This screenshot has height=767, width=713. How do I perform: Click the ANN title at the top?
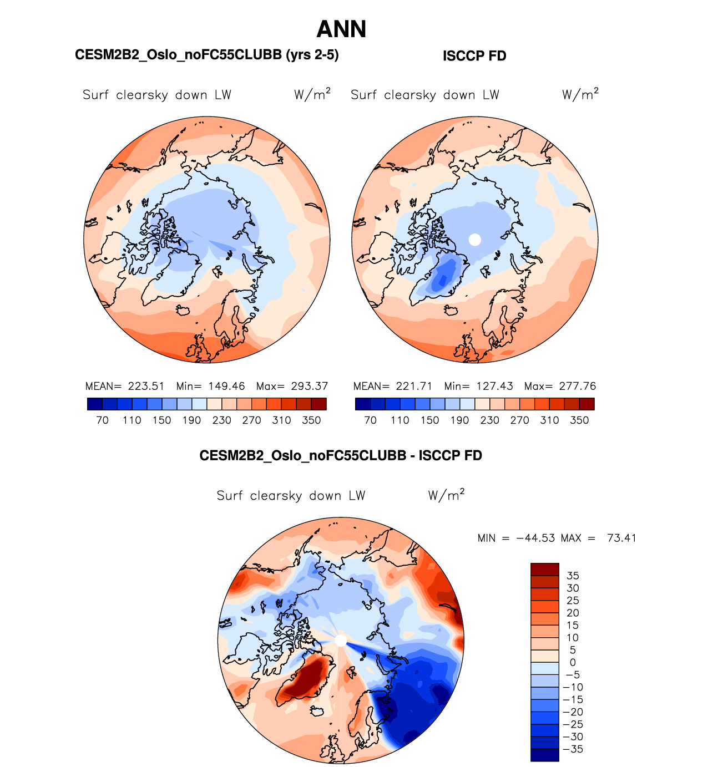pyautogui.click(x=341, y=29)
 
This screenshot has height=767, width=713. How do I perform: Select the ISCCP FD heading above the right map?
pyautogui.click(x=474, y=56)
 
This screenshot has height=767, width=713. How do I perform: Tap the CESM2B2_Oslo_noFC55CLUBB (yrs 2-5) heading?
pyautogui.click(x=206, y=55)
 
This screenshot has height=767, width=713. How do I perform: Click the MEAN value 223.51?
pyautogui.click(x=146, y=386)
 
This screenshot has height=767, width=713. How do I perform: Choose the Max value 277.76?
pyautogui.click(x=578, y=386)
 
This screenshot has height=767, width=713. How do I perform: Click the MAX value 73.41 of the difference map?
pyautogui.click(x=621, y=538)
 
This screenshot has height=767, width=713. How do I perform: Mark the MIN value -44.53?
pyautogui.click(x=535, y=538)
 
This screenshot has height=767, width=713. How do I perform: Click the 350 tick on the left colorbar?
pyautogui.click(x=311, y=420)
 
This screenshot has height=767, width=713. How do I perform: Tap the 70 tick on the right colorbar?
pyautogui.click(x=370, y=420)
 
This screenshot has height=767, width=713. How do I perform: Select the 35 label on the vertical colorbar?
pyautogui.click(x=573, y=576)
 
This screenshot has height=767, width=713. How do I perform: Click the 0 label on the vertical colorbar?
pyautogui.click(x=573, y=662)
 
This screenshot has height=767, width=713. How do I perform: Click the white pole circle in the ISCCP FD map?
pyautogui.click(x=474, y=240)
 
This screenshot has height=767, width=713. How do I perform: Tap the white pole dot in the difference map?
pyautogui.click(x=341, y=641)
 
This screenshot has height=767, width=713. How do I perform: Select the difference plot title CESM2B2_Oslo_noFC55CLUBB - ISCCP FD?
pyautogui.click(x=341, y=456)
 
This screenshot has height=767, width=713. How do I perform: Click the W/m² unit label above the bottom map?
pyautogui.click(x=446, y=495)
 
